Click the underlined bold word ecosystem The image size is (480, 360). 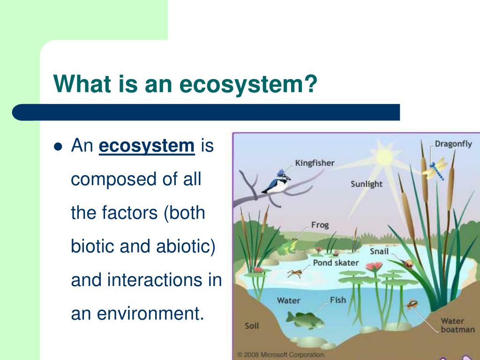coord(147,146)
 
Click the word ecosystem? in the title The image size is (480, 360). coord(248,84)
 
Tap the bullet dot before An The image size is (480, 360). coord(58,147)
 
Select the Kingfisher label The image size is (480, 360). coord(315,163)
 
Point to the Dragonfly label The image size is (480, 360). coord(453,144)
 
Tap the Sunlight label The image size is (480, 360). coord(367,184)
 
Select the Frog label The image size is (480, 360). coord(320,225)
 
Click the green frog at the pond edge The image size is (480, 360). coord(287,247)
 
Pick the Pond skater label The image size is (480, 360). coord(336,262)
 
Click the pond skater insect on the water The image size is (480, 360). coord(294,272)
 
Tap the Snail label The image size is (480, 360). coord(379,251)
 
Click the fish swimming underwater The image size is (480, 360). coord(305,320)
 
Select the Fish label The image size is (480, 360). coord(337,300)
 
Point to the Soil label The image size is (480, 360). coord(252,325)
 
